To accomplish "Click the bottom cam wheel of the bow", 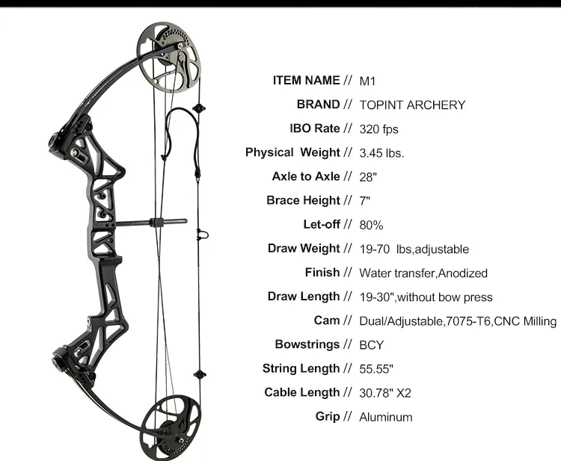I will pos(171,421).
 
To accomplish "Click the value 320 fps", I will pos(379,129).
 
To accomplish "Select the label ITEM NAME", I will pos(307,81).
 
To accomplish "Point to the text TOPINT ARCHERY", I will pos(412,105).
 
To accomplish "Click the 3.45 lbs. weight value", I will pos(381,153).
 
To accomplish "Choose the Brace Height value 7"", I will pos(365,201).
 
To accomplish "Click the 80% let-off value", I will pos(372,225).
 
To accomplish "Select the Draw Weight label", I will pos(304,248).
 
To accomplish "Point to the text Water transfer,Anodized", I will pos(423,273).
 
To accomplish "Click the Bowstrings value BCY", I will pos(372,345).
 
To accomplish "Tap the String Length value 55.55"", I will pos(376,369).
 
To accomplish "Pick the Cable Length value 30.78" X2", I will pos(390,393).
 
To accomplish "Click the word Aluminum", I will pos(385,417).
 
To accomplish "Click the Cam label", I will pos(328,321).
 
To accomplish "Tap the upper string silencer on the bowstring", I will pos(198,108).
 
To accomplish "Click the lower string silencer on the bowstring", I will pos(198,374).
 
